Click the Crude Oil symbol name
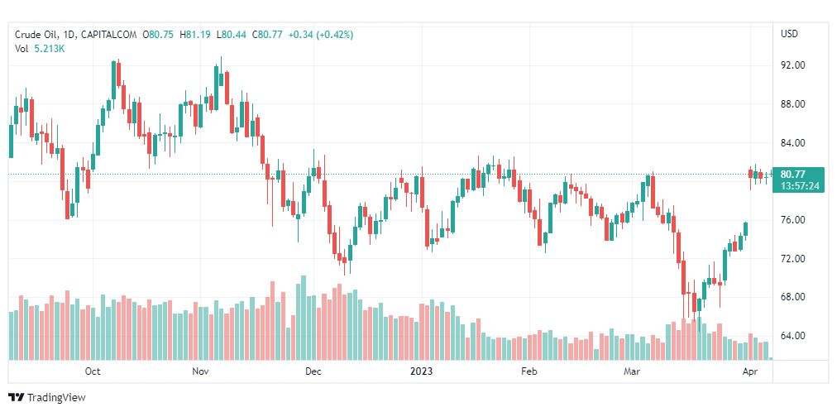(x=36, y=35)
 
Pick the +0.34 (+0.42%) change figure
(x=318, y=35)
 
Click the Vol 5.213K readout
(x=40, y=49)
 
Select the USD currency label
(x=789, y=34)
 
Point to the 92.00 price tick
(x=792, y=65)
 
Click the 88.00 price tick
(x=792, y=104)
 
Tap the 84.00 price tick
(x=792, y=143)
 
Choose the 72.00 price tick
(x=792, y=259)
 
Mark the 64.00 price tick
(x=792, y=336)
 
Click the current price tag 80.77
(x=792, y=174)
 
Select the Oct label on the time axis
(x=93, y=371)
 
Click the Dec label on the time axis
(x=313, y=371)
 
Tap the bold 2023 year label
(x=422, y=371)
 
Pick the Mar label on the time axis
(x=633, y=371)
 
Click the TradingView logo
(x=47, y=398)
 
